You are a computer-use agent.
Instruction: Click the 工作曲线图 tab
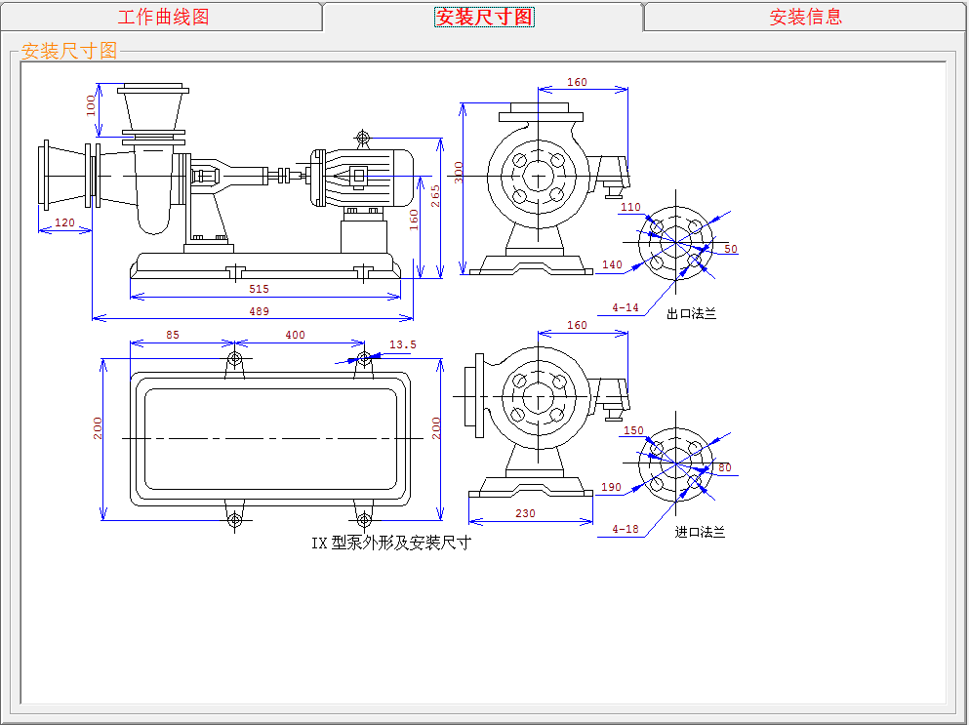(x=163, y=17)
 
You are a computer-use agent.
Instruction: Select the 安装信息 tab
(x=805, y=17)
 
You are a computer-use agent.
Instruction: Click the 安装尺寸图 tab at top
(x=484, y=17)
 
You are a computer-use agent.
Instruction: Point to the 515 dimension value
(x=259, y=289)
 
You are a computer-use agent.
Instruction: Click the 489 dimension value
(x=259, y=311)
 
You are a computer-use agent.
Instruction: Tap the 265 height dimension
(x=435, y=195)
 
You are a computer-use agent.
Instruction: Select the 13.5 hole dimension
(x=402, y=344)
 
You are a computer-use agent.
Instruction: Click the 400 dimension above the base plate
(x=295, y=335)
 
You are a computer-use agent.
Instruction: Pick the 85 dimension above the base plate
(x=173, y=335)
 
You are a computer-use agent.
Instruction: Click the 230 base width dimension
(x=525, y=513)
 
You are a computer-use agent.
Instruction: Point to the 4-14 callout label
(x=626, y=308)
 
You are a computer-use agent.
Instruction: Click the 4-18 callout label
(x=626, y=530)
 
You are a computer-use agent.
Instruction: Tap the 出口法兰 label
(x=691, y=314)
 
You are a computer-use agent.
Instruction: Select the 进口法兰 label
(x=700, y=533)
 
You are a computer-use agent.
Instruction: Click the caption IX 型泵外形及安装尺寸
(x=390, y=544)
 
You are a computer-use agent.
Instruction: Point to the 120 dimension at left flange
(x=64, y=222)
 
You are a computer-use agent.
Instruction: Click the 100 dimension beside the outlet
(x=92, y=104)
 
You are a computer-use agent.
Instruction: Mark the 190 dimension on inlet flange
(x=612, y=487)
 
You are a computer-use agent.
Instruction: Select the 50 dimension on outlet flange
(x=731, y=249)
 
